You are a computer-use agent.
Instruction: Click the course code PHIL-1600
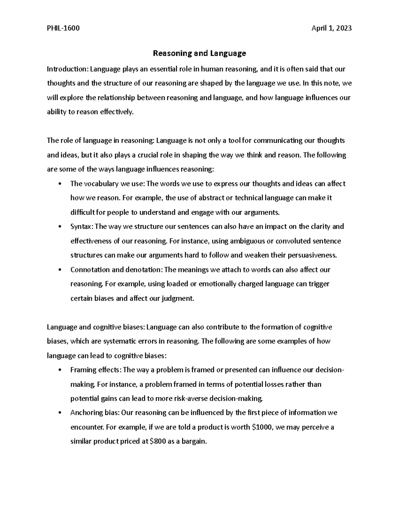(x=63, y=28)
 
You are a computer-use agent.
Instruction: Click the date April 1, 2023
(x=331, y=28)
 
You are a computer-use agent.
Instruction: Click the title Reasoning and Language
(x=199, y=53)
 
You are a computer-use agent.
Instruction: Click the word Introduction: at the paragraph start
(x=67, y=69)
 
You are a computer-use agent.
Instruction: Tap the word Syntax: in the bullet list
(x=82, y=227)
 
